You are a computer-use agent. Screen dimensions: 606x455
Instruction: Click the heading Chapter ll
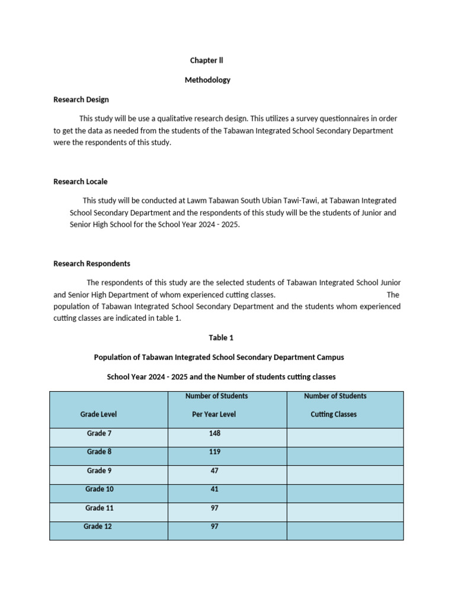(x=206, y=60)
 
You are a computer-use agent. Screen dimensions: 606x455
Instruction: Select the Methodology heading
(x=207, y=80)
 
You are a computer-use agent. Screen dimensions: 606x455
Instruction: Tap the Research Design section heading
(x=81, y=99)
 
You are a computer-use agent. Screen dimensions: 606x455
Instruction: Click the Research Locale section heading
(x=81, y=182)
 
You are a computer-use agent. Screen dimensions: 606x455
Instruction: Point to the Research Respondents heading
(x=92, y=263)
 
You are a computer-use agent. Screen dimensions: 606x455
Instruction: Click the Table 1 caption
(x=221, y=337)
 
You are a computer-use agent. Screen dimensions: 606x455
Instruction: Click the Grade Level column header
(x=98, y=414)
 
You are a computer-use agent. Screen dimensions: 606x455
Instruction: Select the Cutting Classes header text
(x=334, y=414)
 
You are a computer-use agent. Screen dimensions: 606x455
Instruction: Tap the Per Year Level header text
(x=213, y=414)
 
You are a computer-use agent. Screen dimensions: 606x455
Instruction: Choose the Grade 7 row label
(x=99, y=433)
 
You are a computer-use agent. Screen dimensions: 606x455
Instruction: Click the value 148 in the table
(x=214, y=433)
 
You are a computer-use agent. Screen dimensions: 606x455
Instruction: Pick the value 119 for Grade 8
(x=214, y=452)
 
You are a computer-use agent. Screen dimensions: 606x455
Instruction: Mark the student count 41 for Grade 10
(x=214, y=489)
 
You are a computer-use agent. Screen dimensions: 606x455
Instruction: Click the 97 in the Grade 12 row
(x=214, y=526)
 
